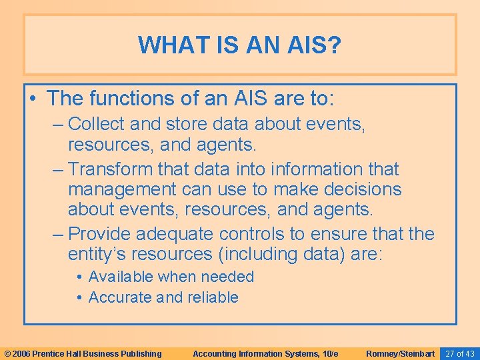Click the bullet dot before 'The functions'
(33, 99)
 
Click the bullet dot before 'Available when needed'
(79, 277)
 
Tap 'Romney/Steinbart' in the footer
(401, 353)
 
